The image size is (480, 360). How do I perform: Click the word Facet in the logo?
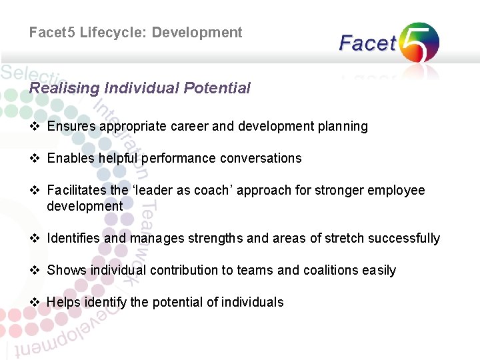367,44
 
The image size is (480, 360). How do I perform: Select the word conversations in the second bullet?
262,158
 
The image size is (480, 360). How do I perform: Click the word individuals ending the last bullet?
253,302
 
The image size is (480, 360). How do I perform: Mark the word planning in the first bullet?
342,126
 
